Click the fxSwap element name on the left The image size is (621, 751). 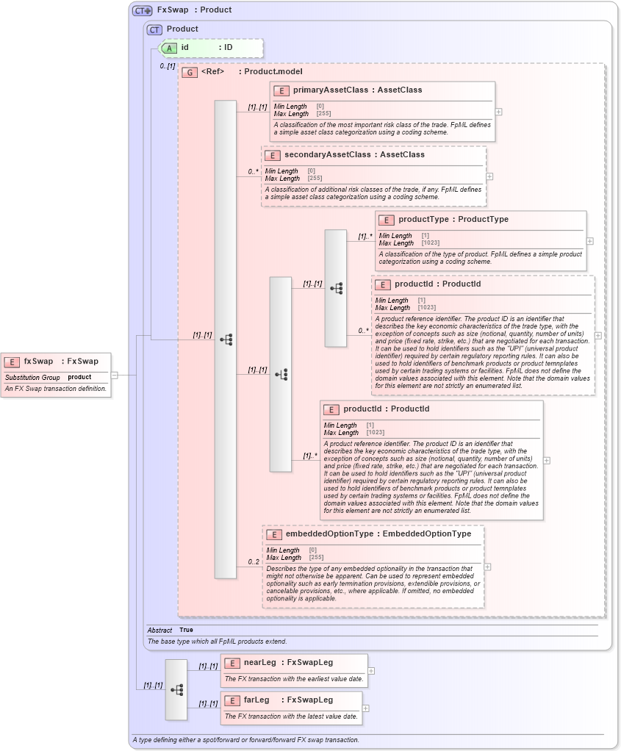click(x=38, y=361)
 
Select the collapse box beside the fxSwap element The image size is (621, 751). click(x=114, y=375)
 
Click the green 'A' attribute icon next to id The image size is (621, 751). click(x=169, y=48)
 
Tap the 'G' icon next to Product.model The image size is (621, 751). click(x=190, y=72)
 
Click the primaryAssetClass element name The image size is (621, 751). click(x=331, y=90)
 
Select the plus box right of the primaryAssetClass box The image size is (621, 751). click(x=499, y=112)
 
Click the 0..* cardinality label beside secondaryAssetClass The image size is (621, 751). click(x=253, y=172)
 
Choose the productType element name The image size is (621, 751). click(x=424, y=219)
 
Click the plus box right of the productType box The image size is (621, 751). click(x=589, y=240)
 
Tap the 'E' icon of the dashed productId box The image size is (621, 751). click(x=383, y=284)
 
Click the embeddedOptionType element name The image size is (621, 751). click(x=330, y=533)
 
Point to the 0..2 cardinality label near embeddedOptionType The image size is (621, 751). click(x=254, y=562)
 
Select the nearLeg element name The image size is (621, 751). click(x=260, y=663)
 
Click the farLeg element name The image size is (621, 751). click(x=256, y=700)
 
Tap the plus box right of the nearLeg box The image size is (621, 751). click(x=371, y=670)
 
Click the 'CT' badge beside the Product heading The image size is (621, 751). click(x=154, y=29)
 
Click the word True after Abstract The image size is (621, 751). click(x=186, y=630)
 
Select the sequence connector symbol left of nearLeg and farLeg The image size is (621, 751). click(x=176, y=689)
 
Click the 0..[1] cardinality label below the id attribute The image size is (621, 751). click(x=168, y=66)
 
